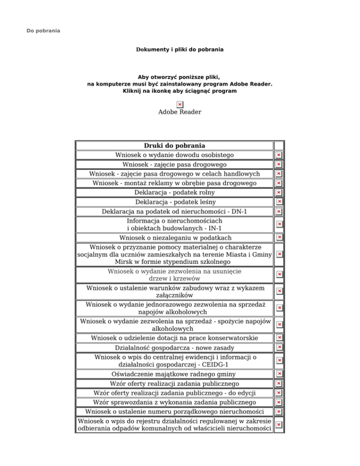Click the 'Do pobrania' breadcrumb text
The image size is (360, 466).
click(x=43, y=31)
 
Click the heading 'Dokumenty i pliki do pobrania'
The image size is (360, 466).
click(x=180, y=49)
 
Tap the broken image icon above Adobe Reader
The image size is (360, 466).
click(x=180, y=104)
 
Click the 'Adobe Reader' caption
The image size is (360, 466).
click(x=180, y=112)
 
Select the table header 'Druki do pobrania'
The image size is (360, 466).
click(x=174, y=146)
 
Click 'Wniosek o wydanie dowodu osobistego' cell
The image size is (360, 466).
click(x=174, y=155)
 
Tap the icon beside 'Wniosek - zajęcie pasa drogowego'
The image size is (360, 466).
click(x=278, y=165)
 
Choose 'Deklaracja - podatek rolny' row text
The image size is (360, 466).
click(x=174, y=193)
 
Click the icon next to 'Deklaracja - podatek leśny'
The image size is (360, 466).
click(x=278, y=202)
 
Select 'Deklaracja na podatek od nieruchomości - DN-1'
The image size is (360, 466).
click(x=174, y=212)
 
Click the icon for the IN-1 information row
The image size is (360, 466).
click(x=278, y=225)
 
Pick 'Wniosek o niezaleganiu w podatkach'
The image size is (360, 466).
click(x=174, y=238)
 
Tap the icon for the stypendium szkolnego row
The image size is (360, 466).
click(x=278, y=254)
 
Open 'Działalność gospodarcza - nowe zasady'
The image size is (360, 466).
click(x=174, y=348)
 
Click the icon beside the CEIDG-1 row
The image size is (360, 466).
click(x=278, y=360)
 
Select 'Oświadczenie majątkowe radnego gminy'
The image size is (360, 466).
click(x=174, y=374)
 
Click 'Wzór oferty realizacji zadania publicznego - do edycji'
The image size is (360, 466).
click(x=174, y=393)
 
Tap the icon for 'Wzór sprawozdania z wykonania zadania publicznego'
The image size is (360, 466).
click(x=278, y=402)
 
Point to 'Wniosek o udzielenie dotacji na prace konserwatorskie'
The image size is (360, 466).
click(x=174, y=338)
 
